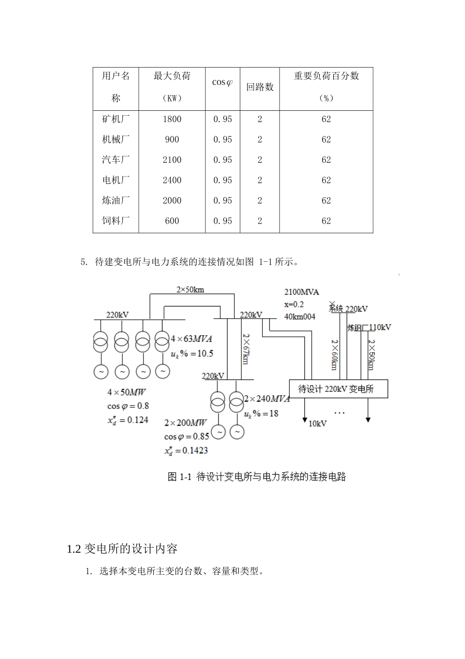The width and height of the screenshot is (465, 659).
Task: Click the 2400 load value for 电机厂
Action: pos(172,180)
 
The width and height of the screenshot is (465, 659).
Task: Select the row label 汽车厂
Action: pos(116,160)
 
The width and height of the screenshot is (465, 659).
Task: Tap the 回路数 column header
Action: pos(259,87)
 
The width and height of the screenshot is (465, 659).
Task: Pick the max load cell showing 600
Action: pos(172,221)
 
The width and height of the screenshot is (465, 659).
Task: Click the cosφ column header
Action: pos(222,82)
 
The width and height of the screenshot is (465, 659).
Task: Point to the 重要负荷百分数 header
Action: pos(326,76)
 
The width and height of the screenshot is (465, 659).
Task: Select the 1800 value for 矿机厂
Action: pos(172,119)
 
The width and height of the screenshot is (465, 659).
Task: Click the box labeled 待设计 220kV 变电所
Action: pos(338,389)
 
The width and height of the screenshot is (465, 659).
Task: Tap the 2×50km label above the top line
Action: pos(190,289)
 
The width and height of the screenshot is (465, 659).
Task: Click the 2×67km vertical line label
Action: pos(246,349)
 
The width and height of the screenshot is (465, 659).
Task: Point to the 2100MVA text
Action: pos(302,292)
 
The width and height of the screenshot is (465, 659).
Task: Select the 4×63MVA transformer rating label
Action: pos(191,339)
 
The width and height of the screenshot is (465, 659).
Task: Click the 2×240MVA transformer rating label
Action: pos(267,399)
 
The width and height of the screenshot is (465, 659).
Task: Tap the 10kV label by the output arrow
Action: pos(317,424)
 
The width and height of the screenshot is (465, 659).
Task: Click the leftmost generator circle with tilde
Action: pos(101,372)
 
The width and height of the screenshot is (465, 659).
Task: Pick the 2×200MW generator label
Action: pos(186,423)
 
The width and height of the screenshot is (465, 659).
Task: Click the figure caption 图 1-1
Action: pos(256,477)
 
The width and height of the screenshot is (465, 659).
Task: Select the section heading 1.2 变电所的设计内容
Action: pos(122,549)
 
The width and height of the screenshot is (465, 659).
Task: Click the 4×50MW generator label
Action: pos(127,392)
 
